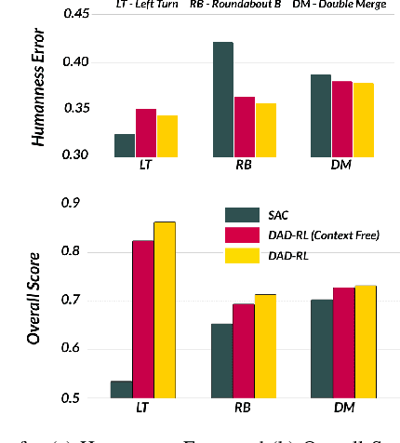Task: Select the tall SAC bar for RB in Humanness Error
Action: [223, 100]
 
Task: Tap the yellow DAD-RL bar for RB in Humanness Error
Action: [266, 129]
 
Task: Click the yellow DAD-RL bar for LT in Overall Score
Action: [164, 310]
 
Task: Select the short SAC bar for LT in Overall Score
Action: [121, 389]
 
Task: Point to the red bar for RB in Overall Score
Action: [244, 351]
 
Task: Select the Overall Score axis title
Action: [33, 298]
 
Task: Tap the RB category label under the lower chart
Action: [244, 409]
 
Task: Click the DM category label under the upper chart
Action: [341, 166]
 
